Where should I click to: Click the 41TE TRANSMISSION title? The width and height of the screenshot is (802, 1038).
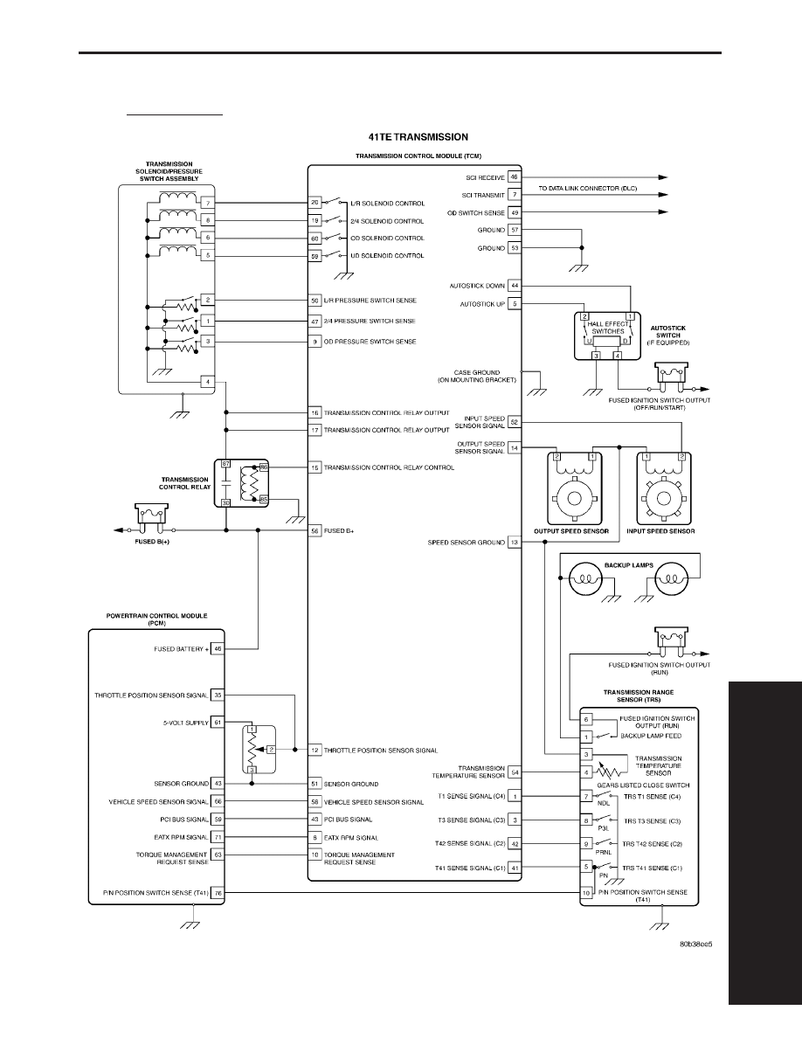(418, 137)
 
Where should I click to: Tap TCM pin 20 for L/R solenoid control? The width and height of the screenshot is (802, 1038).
(315, 203)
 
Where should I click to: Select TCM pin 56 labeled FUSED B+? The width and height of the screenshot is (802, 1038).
(315, 530)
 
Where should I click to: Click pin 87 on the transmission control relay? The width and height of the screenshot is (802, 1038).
(225, 464)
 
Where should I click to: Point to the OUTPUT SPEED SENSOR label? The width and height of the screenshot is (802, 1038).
(571, 531)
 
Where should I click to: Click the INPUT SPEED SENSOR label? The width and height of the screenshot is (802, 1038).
(660, 531)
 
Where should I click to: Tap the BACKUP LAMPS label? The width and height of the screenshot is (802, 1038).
(629, 565)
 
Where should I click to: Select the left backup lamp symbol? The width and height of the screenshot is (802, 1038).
(586, 578)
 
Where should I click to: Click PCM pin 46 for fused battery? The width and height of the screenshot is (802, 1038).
(218, 648)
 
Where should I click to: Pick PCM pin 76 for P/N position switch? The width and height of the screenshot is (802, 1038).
(218, 892)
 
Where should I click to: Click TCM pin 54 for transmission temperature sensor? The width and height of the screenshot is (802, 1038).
(515, 772)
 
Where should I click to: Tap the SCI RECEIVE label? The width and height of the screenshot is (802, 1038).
(485, 177)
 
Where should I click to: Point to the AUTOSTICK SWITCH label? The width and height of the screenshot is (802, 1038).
(667, 335)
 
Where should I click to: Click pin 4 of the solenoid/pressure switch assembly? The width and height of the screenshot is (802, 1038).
(208, 382)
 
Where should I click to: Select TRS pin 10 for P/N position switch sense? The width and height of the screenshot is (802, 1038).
(586, 892)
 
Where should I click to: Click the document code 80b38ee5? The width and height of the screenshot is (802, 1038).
(695, 944)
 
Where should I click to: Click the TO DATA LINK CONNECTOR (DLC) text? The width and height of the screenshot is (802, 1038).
(588, 188)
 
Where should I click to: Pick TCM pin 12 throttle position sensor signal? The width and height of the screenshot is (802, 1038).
(315, 750)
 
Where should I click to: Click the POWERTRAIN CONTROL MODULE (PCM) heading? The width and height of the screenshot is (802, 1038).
(157, 619)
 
